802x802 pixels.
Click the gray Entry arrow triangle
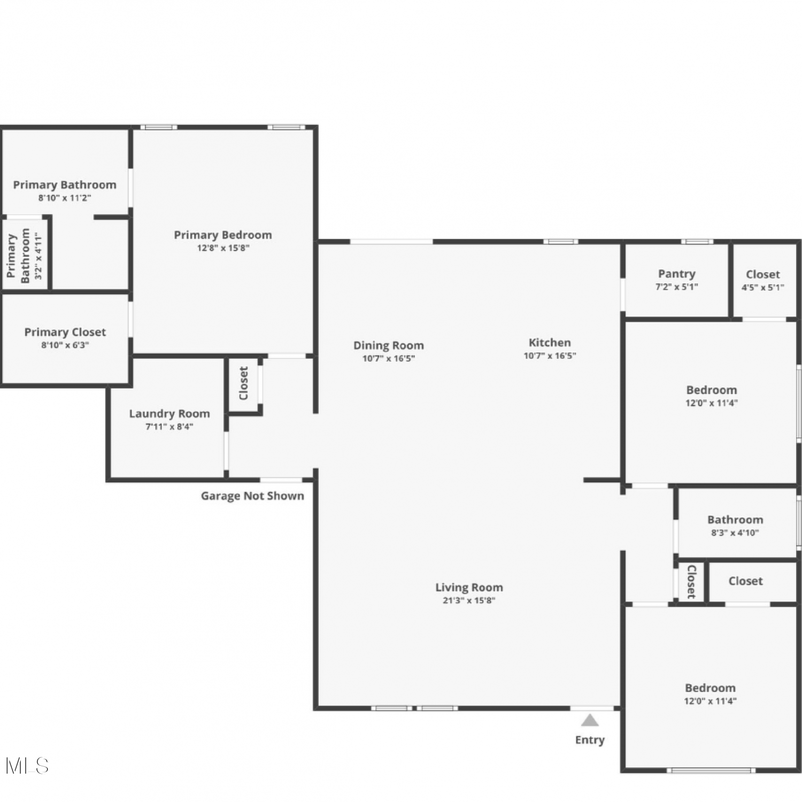coord(590,720)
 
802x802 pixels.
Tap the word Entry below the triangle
coord(590,740)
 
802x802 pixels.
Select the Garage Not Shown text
coord(252,496)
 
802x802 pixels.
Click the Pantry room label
coord(677,274)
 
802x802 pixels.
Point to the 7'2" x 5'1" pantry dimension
coord(677,287)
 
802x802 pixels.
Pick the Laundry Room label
coord(169,413)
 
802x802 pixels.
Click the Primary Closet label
coord(65,332)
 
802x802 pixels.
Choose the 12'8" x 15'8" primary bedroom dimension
coord(223,248)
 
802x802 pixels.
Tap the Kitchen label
coord(550,343)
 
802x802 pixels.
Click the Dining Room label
coord(389,345)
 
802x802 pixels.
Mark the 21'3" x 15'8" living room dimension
coord(469,600)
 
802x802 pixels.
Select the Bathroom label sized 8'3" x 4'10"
coord(735,520)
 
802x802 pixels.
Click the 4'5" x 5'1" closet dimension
coord(763,287)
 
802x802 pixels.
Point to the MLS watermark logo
coord(27,766)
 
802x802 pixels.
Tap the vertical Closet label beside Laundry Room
coord(244,383)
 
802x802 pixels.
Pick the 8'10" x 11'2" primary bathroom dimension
coord(65,198)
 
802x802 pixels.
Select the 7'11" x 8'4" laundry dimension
coord(169,427)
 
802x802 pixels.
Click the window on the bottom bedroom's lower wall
coord(711,770)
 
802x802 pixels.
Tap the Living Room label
coord(469,587)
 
